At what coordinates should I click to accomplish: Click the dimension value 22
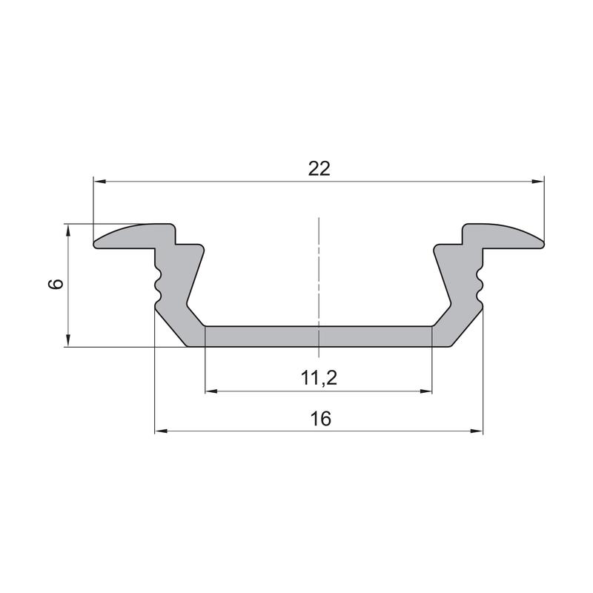coord(319,169)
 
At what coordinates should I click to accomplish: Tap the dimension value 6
coord(56,284)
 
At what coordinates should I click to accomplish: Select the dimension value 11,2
coord(319,378)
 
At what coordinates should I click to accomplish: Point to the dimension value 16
coord(320,419)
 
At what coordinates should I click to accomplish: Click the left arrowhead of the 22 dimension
coord(99,182)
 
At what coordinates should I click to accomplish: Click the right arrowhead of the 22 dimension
coord(538,182)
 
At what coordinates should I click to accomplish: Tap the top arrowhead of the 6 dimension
coord(68,230)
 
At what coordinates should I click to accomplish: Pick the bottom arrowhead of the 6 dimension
coord(68,340)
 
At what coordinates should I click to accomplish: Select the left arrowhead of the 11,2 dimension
coord(211,391)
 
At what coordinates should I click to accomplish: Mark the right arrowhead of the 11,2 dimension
coord(425,391)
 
